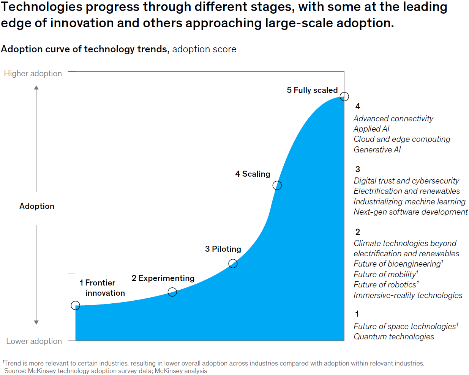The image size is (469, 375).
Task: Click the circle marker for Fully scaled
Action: point(344,97)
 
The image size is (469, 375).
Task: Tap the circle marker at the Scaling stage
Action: point(277,185)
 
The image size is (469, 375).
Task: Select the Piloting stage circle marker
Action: point(233,264)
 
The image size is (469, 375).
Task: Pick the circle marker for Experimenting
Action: point(172,292)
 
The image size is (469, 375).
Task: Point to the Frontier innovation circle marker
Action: point(76,306)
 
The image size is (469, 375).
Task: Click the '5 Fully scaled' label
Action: point(312,90)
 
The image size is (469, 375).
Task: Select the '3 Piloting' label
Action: point(223,249)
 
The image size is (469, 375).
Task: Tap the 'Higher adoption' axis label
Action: point(33,74)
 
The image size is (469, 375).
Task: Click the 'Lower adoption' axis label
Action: point(34,341)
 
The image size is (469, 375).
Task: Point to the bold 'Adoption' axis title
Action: point(37,206)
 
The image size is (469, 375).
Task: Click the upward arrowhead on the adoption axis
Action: point(36,88)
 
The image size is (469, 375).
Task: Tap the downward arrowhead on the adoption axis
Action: point(36,322)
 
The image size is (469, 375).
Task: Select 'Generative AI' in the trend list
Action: point(377,150)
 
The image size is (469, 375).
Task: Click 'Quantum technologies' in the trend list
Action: point(394,337)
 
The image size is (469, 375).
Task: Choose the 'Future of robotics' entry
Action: point(385,285)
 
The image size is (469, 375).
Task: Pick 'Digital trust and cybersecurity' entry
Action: point(406,181)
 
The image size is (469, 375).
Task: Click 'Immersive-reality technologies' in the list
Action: point(408,295)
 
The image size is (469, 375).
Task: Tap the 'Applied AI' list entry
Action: point(371,129)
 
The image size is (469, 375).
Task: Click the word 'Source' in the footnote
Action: point(15,371)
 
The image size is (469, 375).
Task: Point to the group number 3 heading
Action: point(358,169)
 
